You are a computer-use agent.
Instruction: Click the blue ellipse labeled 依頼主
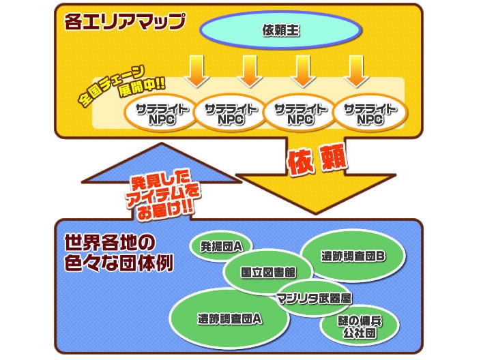click(x=280, y=30)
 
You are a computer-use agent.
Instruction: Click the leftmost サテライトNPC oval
click(x=158, y=113)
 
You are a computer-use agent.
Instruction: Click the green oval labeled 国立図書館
click(x=268, y=271)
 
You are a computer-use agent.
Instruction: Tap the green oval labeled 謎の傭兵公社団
click(x=358, y=326)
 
